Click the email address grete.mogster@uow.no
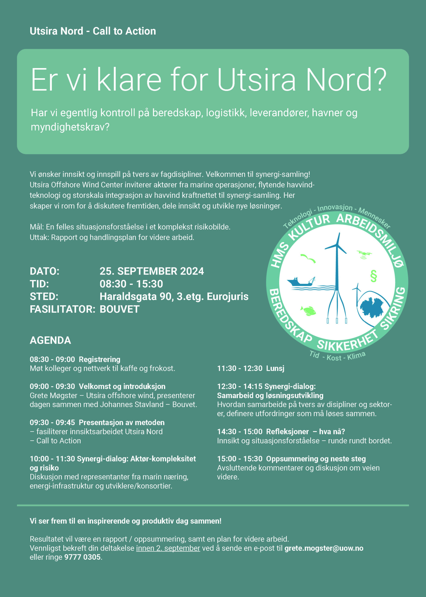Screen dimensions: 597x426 pos(324,548)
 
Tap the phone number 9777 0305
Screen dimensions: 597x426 pos(82,557)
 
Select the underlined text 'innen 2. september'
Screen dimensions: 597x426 pos(168,548)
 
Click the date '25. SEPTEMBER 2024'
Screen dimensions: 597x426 pos(152,271)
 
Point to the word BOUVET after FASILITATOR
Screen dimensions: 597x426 pos(120,309)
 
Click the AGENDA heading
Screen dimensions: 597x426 pos(50,340)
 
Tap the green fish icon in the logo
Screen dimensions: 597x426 pos(308,311)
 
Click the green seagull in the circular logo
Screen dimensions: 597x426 pos(308,258)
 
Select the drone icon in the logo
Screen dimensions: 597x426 pos(364,254)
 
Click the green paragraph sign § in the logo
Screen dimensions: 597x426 pos(373,276)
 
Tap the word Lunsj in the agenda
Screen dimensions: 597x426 pos(275,368)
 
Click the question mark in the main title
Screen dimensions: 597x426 pos(379,80)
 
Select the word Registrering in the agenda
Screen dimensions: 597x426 pos(99,359)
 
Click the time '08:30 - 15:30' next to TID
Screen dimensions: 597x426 pos(131,284)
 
